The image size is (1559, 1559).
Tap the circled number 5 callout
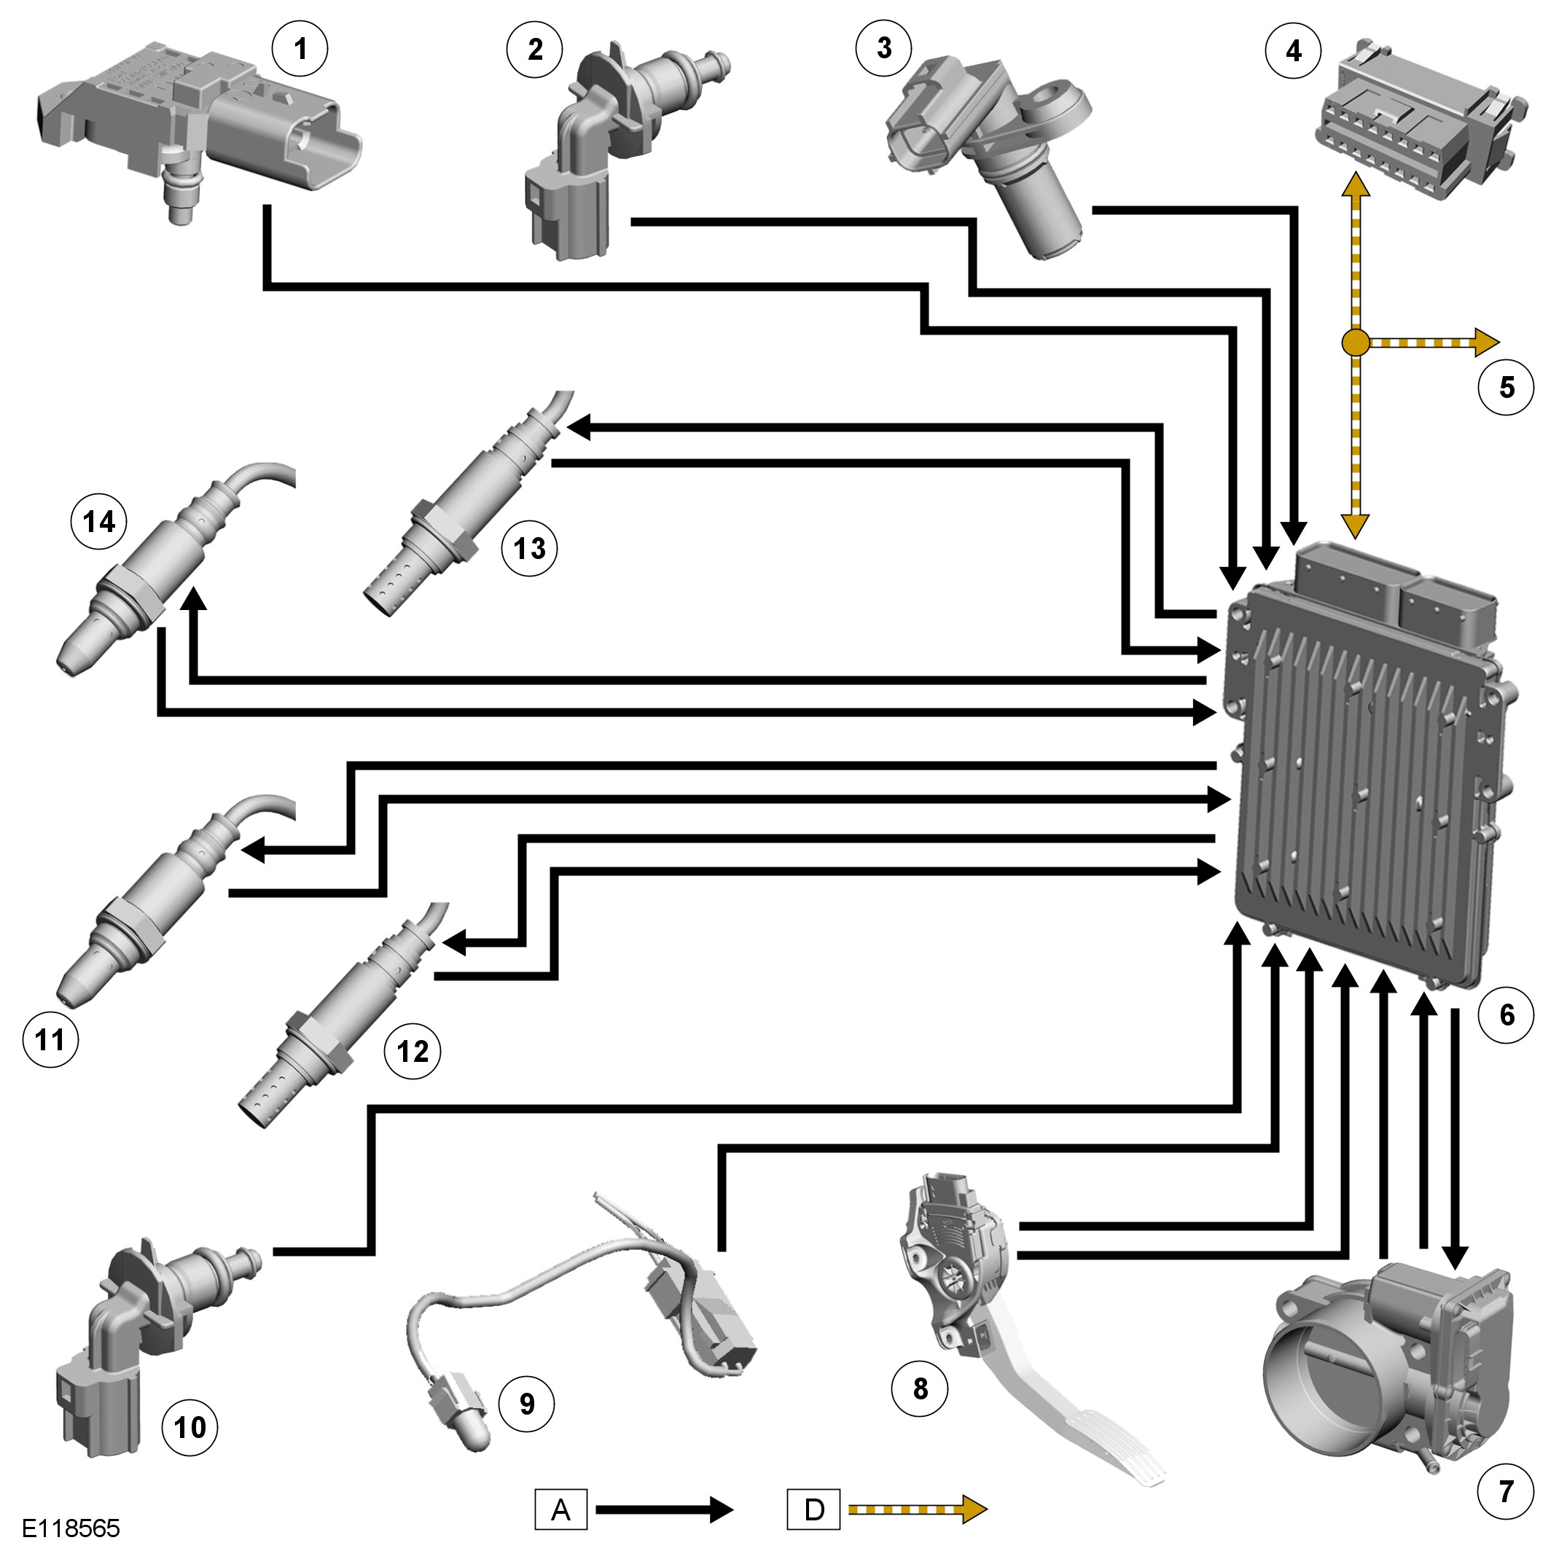click(1506, 387)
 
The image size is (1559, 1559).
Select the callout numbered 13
click(529, 549)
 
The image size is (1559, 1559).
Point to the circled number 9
click(527, 1404)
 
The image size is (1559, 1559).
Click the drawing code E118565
click(71, 1528)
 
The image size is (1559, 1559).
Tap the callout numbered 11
click(50, 1039)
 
